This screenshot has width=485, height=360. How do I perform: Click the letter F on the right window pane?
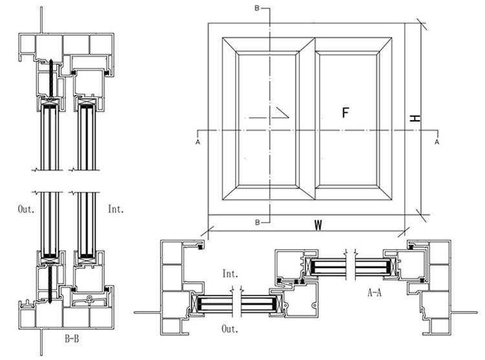click(x=345, y=113)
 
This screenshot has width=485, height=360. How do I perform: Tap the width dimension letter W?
click(x=318, y=226)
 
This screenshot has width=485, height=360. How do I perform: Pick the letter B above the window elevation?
click(x=257, y=8)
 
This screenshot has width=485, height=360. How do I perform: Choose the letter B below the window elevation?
click(x=257, y=222)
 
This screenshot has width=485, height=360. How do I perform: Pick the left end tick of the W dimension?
click(x=208, y=229)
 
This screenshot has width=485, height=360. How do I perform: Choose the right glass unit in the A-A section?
click(x=350, y=265)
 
